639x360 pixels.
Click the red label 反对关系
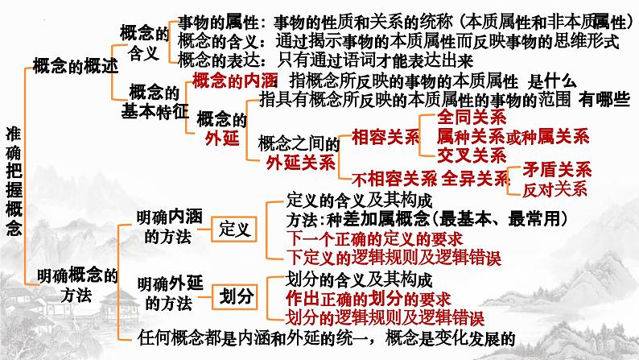click(554, 190)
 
